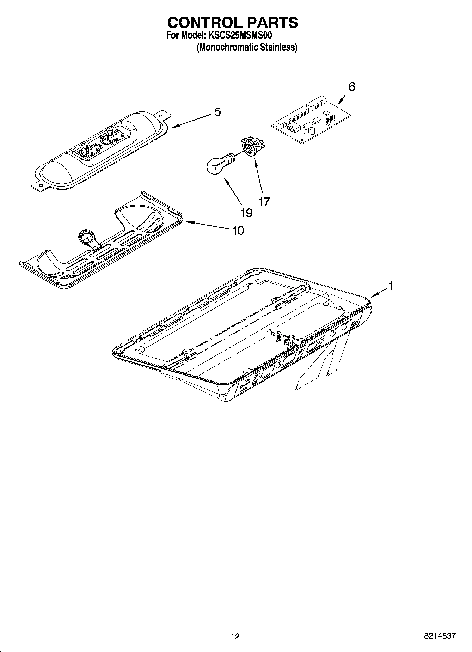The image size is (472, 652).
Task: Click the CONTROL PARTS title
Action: click(233, 23)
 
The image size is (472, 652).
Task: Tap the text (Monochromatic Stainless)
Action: click(247, 47)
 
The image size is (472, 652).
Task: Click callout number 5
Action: click(217, 112)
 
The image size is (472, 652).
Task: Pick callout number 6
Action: click(351, 87)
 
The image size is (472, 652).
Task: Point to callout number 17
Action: click(264, 202)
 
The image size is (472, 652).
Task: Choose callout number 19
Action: click(246, 213)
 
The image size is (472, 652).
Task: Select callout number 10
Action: click(238, 231)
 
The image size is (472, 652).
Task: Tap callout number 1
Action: click(390, 286)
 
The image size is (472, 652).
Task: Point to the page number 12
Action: click(235, 636)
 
